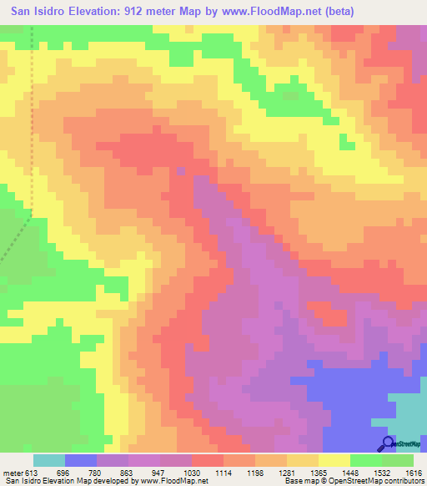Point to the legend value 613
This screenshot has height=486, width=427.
[x=33, y=473]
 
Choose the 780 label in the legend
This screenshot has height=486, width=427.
[x=97, y=473]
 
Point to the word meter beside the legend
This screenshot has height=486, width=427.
[x=13, y=473]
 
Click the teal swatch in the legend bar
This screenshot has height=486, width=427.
[x=49, y=460]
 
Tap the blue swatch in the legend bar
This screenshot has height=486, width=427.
[x=81, y=460]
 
